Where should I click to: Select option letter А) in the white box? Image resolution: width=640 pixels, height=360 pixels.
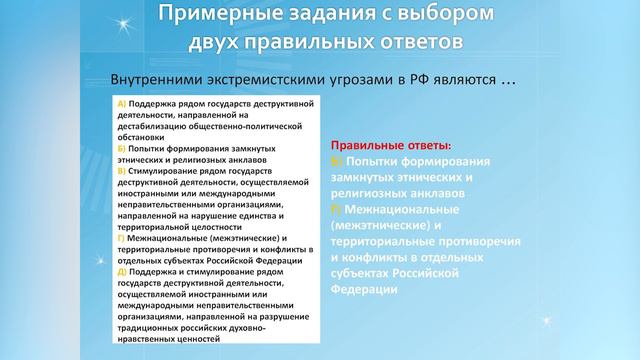pos(122,104)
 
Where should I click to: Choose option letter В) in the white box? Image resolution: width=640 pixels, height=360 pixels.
pos(122,171)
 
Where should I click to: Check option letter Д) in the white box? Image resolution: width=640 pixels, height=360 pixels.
pos(122,271)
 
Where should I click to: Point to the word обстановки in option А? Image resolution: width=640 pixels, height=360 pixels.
pos(142,137)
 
